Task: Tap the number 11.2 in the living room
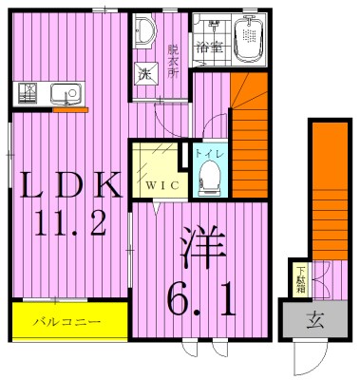(x=67, y=224)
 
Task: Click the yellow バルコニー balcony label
(x=69, y=322)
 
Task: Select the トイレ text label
(x=208, y=152)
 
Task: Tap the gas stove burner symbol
(x=27, y=94)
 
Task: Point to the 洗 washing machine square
(x=145, y=74)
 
